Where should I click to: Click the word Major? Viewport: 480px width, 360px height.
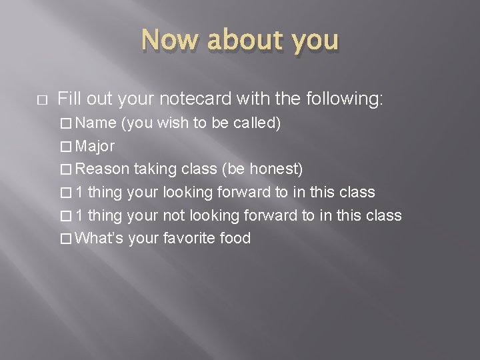[x=95, y=147]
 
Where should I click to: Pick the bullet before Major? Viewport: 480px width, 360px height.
[x=67, y=147]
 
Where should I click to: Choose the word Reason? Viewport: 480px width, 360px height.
[x=102, y=170]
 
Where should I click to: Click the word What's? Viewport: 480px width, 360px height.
[x=99, y=238]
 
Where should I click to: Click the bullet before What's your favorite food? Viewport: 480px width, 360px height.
[x=67, y=238]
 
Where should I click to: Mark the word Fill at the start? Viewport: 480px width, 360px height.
[x=69, y=100]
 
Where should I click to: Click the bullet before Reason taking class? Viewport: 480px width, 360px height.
[x=67, y=170]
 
